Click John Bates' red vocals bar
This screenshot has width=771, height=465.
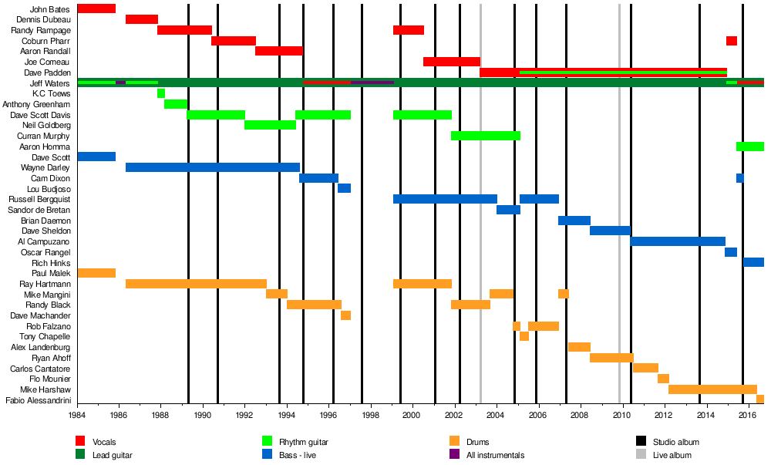click(x=96, y=8)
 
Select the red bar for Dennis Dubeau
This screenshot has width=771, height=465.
click(x=142, y=19)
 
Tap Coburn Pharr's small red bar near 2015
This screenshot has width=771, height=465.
click(x=731, y=41)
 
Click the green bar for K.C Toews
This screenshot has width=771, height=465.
click(x=161, y=93)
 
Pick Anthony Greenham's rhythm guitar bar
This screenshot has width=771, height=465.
click(x=176, y=104)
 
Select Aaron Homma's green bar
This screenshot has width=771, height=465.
click(x=749, y=147)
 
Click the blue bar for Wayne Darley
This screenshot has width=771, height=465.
click(x=213, y=167)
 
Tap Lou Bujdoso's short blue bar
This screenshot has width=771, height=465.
click(x=344, y=188)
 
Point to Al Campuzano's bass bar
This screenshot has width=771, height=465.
click(x=678, y=241)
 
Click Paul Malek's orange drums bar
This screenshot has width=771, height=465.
click(x=96, y=273)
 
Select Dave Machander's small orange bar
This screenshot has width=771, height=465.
click(x=345, y=315)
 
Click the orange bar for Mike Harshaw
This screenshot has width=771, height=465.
click(x=712, y=389)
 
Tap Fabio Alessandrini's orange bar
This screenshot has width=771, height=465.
click(x=760, y=399)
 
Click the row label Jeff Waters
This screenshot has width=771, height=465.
click(x=50, y=83)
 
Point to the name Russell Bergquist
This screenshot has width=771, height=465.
click(x=39, y=199)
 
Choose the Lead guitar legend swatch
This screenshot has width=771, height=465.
click(x=80, y=455)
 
